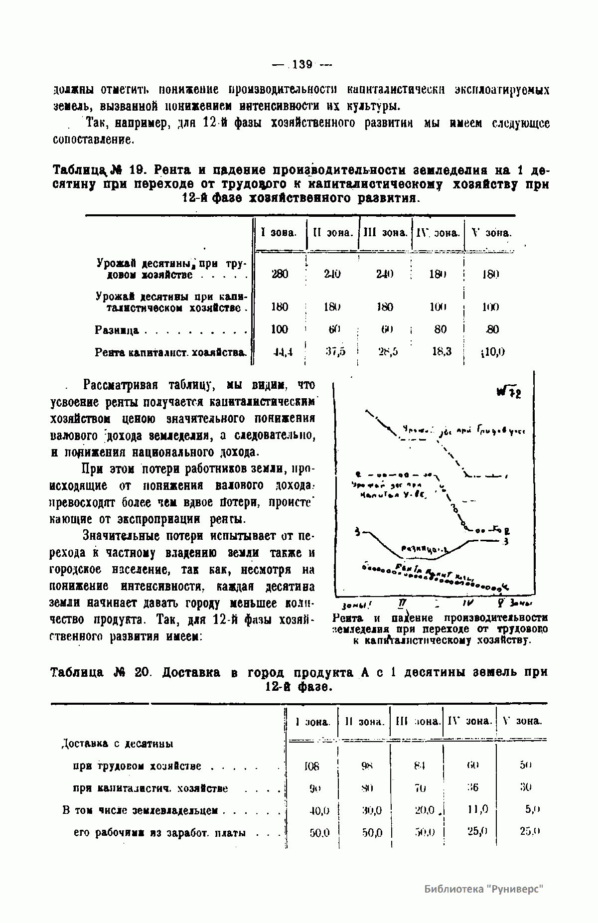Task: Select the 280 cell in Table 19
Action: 280,274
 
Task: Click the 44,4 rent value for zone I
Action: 282,352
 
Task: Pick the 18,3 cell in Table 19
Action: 441,351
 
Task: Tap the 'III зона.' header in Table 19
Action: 385,233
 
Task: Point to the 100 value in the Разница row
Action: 280,329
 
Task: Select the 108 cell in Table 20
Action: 311,767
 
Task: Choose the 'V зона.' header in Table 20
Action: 522,721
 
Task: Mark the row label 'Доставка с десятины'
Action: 117,744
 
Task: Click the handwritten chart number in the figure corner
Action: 508,393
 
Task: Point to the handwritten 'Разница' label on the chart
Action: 424,548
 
